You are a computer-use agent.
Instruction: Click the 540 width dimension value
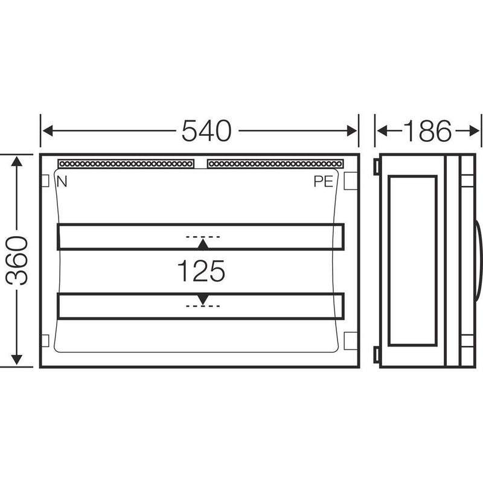[206, 131]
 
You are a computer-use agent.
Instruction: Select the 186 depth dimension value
[427, 131]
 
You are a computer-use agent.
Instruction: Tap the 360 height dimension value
[17, 260]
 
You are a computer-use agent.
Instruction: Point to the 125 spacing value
[201, 270]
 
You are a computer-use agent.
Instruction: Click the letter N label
[62, 182]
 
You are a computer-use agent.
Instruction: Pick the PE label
[323, 182]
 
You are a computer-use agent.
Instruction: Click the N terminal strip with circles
[126, 164]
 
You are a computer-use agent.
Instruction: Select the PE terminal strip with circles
[275, 164]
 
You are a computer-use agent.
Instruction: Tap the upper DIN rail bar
[200, 237]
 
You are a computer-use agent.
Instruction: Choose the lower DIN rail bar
[200, 306]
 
